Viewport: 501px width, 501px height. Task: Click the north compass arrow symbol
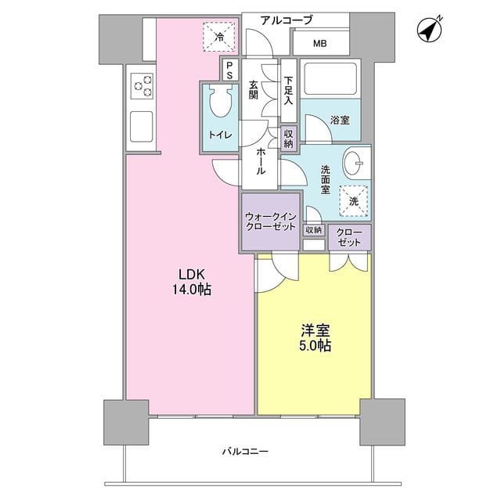coord(431,29)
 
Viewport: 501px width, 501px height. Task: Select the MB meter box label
coord(321,43)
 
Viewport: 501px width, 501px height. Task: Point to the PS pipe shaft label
coord(229,70)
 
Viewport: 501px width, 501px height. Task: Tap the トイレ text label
coord(219,135)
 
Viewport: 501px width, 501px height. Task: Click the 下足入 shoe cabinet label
coord(289,89)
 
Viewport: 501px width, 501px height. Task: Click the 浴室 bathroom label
coord(340,121)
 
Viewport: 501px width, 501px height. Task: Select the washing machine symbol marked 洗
coord(353,200)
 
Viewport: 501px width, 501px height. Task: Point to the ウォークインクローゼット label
coord(269,222)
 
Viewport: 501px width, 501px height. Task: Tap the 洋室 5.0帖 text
coord(313,337)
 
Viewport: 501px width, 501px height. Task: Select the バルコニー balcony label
coord(245,452)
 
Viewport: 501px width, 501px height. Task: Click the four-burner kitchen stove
coord(142,85)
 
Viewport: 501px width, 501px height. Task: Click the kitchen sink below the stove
coord(142,125)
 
